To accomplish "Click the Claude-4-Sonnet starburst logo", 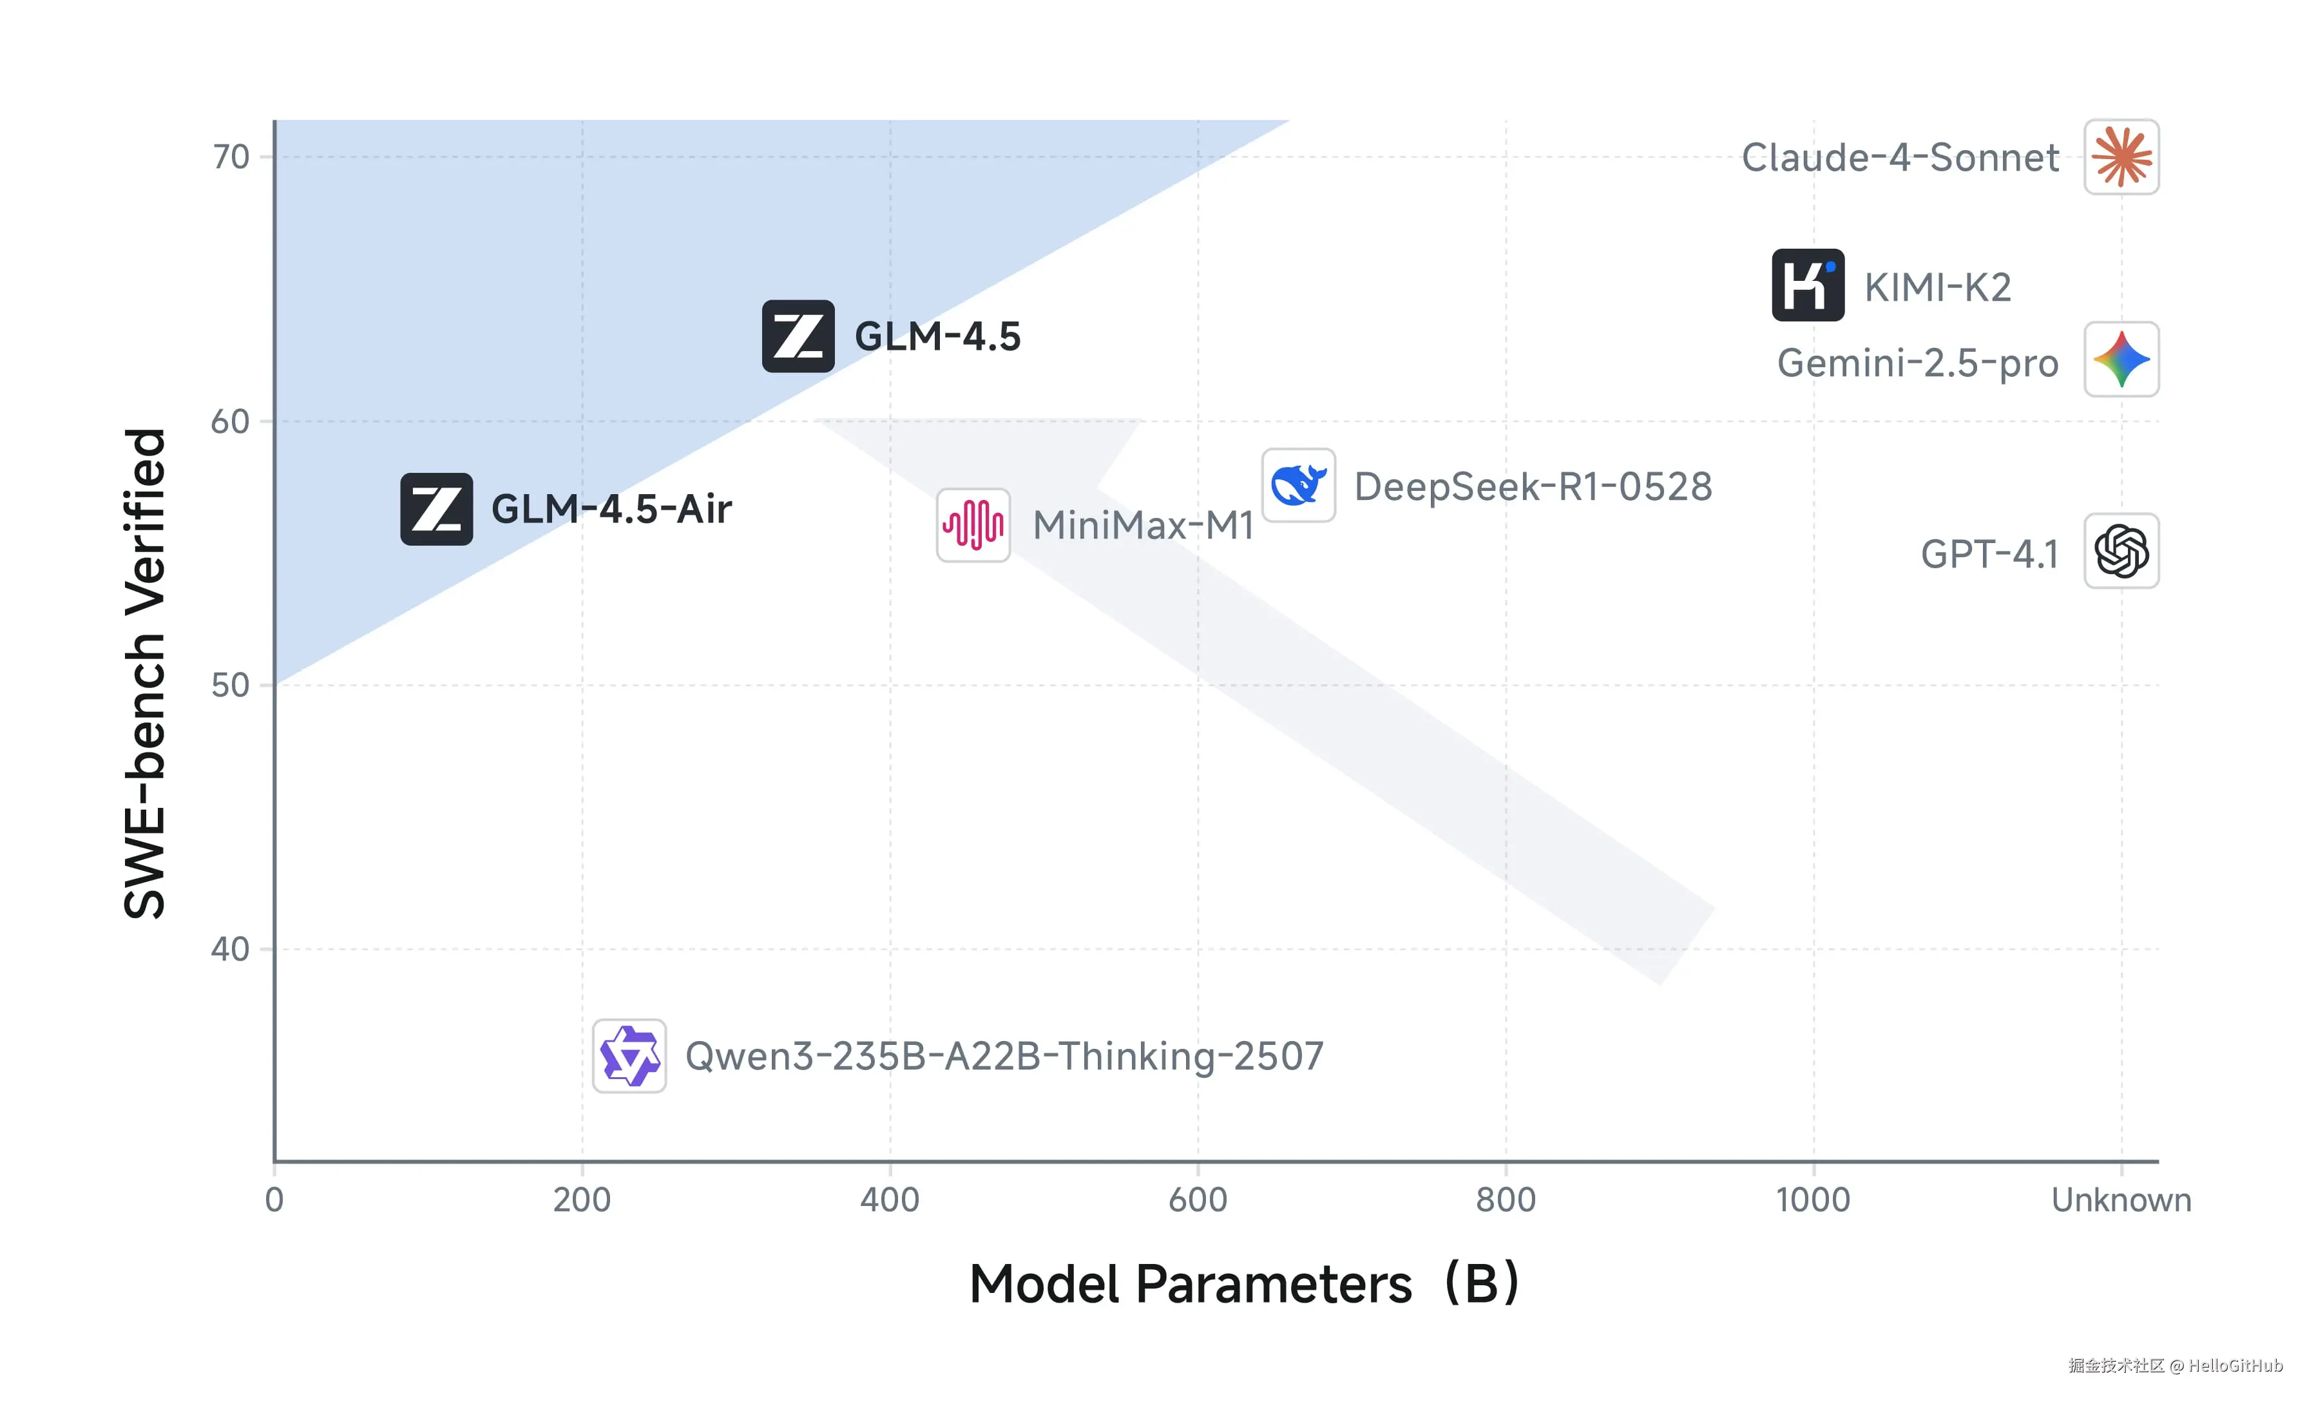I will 2121,157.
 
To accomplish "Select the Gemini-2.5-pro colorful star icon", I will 2121,360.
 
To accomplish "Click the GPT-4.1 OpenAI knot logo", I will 2121,551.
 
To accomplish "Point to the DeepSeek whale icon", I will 1298,485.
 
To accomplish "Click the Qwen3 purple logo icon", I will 629,1055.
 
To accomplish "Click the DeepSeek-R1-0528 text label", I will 1532,487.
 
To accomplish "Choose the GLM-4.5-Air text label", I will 611,510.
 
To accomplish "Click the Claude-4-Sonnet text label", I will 1900,158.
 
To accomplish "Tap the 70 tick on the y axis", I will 230,157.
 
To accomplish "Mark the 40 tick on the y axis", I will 230,950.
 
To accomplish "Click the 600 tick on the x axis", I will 1198,1200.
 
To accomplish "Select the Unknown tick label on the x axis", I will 2121,1200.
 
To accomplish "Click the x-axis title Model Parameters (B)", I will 1243,1284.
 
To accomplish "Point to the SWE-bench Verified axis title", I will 145,673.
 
